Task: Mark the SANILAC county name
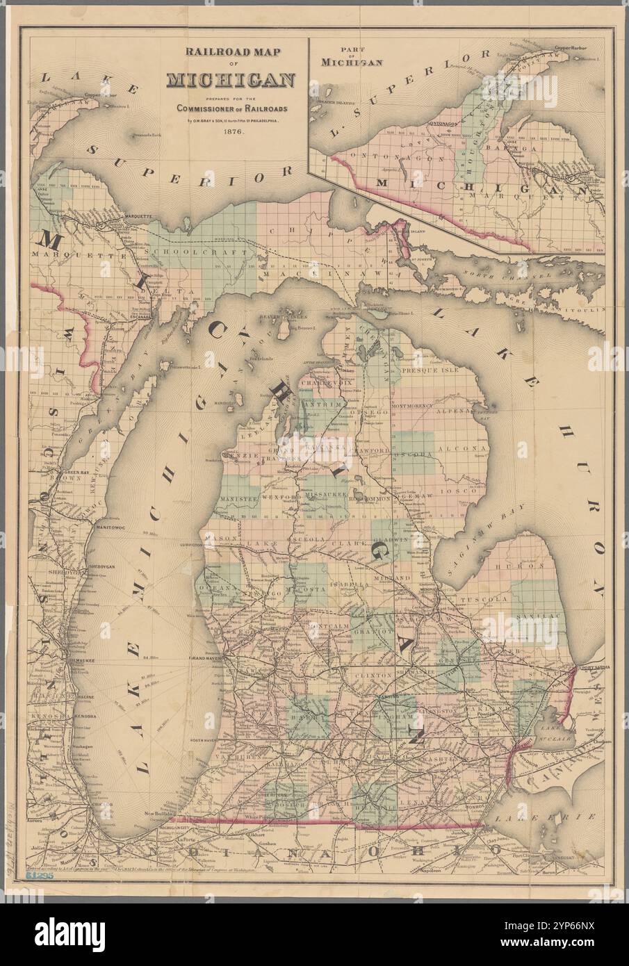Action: coord(539,616)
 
